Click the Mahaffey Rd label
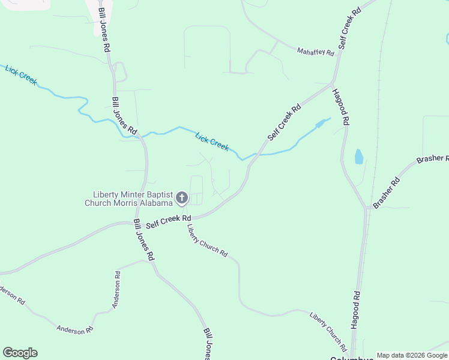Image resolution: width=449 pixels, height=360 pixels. [315, 52]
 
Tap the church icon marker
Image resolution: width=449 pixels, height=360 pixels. [181, 197]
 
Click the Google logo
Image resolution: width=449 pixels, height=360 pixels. [20, 353]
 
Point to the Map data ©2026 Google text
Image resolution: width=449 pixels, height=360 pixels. [412, 355]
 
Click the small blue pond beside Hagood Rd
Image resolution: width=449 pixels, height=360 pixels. [359, 157]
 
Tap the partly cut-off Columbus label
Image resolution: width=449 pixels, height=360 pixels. [352, 358]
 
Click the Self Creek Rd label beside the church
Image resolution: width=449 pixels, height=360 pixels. [168, 220]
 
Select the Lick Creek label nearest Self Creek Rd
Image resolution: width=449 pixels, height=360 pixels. [212, 142]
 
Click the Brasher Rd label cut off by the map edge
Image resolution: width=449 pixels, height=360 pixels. [432, 160]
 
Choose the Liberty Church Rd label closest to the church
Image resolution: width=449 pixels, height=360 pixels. [206, 241]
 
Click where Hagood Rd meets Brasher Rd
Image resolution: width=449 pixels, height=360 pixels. [366, 208]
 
